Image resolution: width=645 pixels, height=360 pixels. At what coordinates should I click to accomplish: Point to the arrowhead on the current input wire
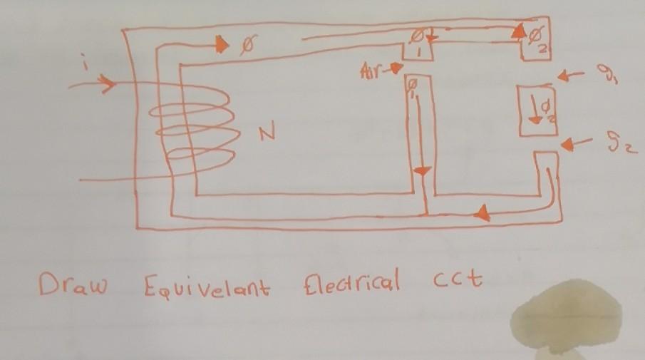click(107, 84)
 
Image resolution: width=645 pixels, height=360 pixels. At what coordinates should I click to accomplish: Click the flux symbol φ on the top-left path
click(247, 46)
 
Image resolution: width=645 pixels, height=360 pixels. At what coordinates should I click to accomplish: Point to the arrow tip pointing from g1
click(563, 74)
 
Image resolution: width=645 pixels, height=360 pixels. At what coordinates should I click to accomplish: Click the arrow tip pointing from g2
click(566, 145)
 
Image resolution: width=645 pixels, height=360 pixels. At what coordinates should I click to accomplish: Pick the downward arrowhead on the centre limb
click(423, 173)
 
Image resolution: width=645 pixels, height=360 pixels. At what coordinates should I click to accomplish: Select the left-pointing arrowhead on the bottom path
click(483, 212)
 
